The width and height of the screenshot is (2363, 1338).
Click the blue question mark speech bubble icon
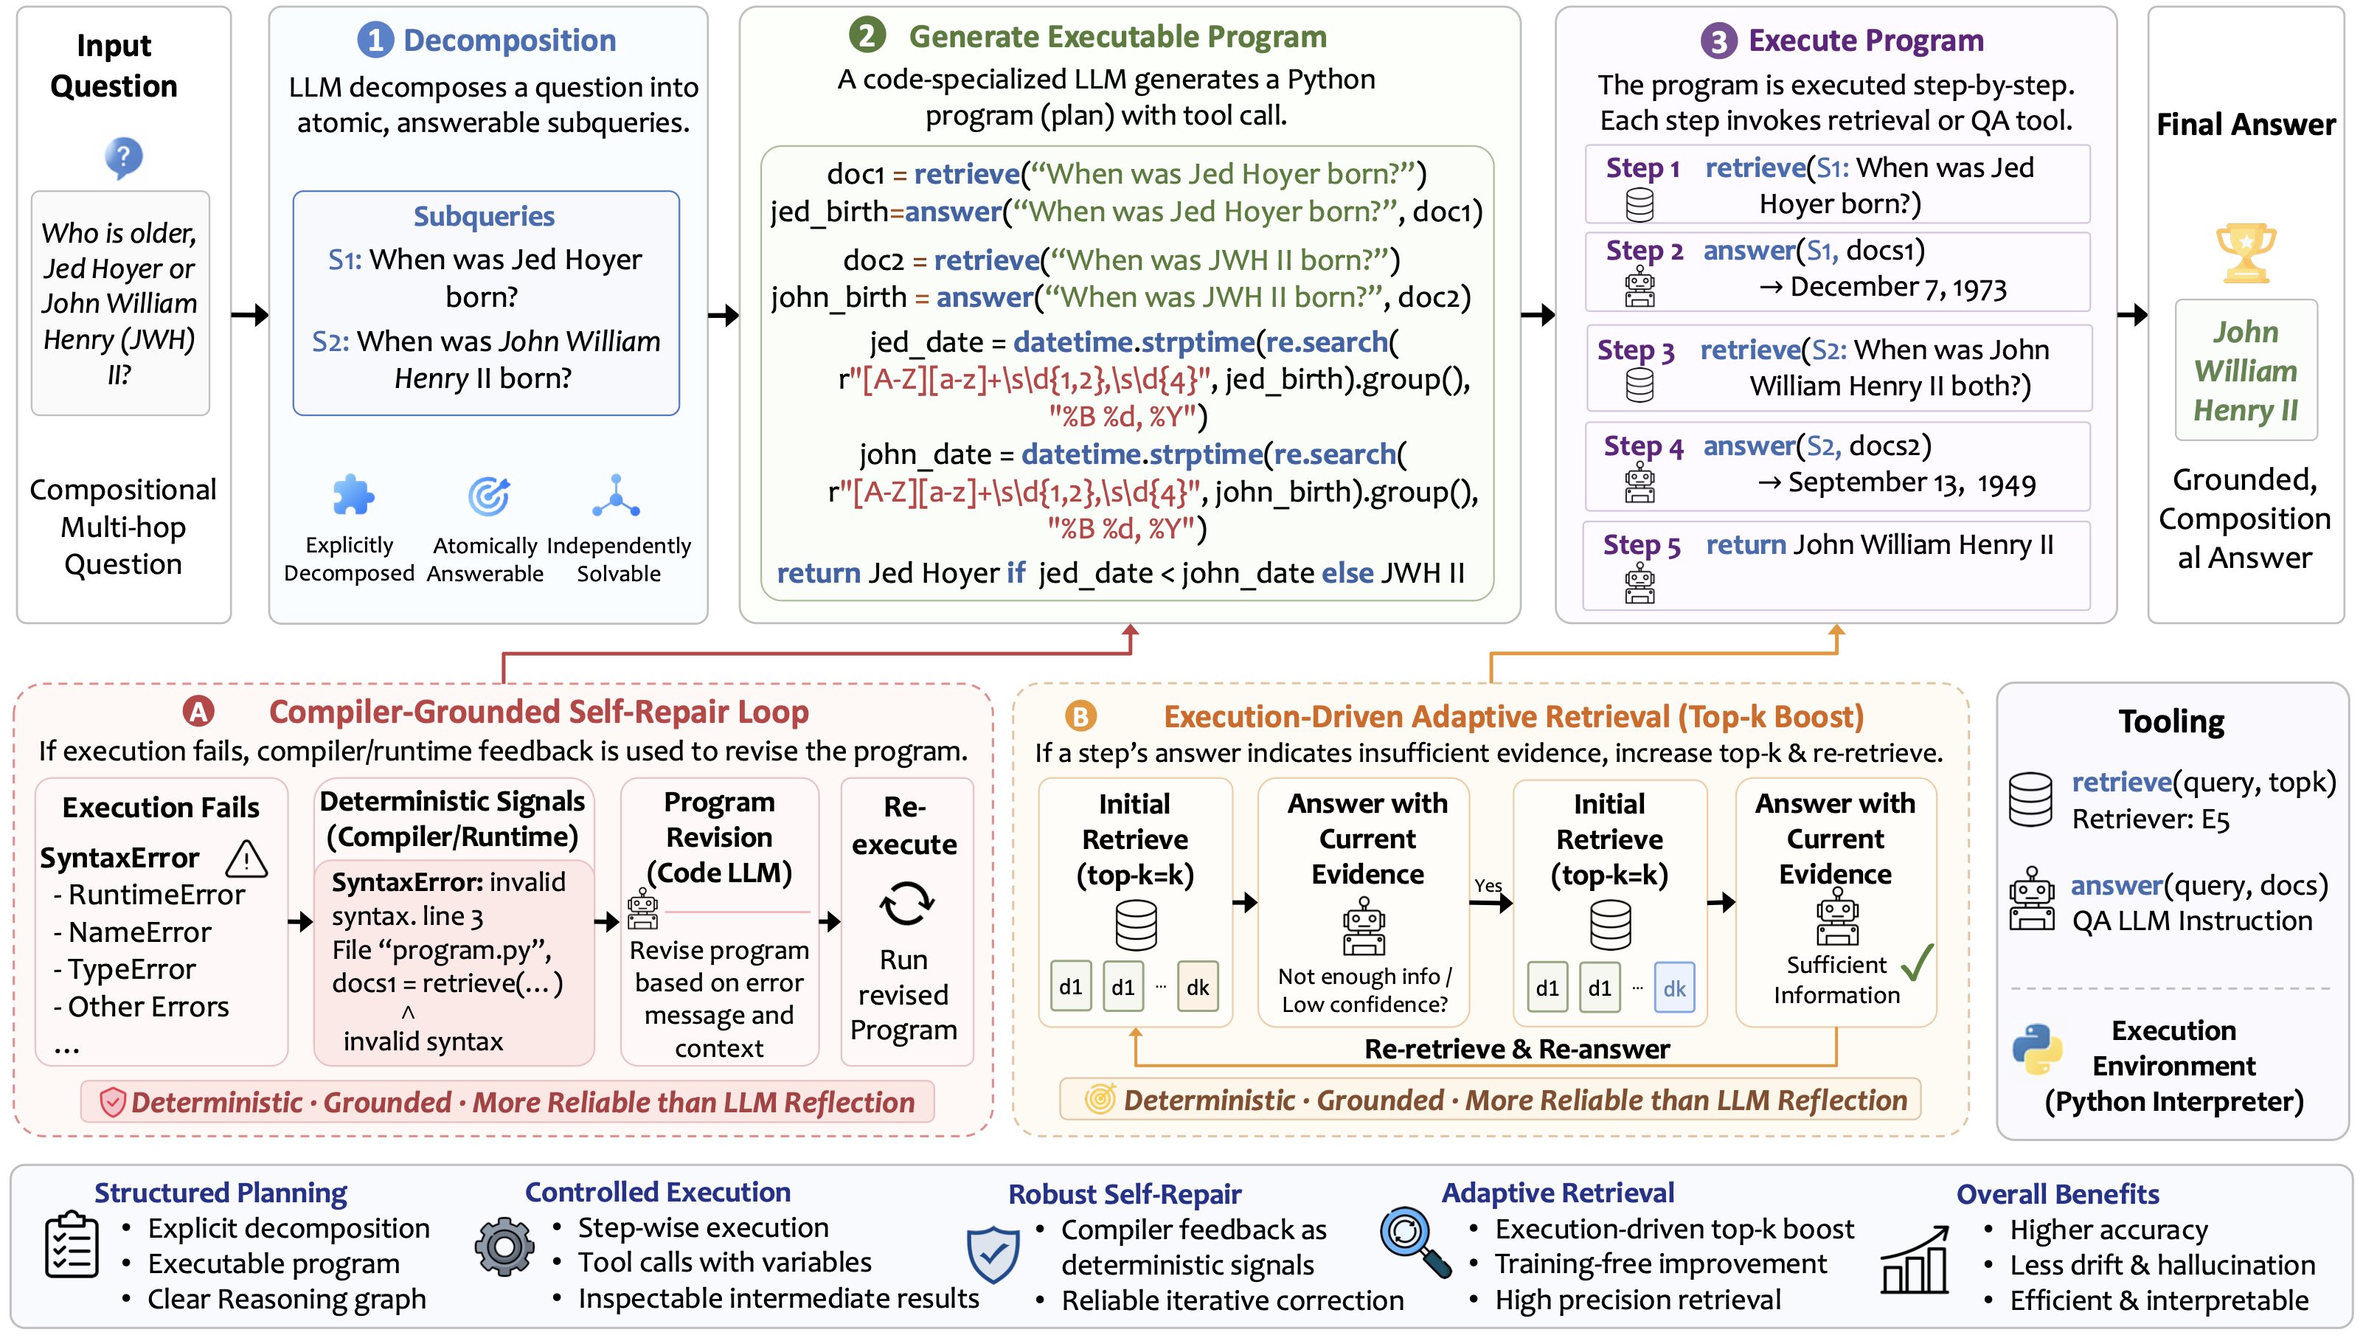click(123, 158)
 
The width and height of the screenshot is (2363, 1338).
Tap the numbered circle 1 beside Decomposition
click(375, 41)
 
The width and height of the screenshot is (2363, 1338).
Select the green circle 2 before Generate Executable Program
click(867, 36)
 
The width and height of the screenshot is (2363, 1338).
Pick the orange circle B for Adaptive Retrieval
click(1080, 717)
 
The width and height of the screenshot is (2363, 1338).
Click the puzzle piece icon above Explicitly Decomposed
click(352, 496)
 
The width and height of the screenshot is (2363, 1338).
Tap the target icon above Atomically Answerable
click(489, 496)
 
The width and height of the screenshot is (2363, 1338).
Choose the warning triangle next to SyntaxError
click(246, 859)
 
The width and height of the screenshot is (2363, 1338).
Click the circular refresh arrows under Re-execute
click(906, 904)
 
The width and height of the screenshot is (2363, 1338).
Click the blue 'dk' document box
click(1674, 988)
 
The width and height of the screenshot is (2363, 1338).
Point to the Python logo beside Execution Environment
click(2037, 1049)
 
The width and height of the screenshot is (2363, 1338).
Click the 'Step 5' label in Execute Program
click(1642, 546)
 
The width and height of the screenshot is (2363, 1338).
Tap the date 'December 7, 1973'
click(1898, 288)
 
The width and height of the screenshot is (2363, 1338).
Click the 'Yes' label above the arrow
click(1488, 886)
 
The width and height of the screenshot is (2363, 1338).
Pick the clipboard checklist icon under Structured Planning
click(72, 1245)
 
